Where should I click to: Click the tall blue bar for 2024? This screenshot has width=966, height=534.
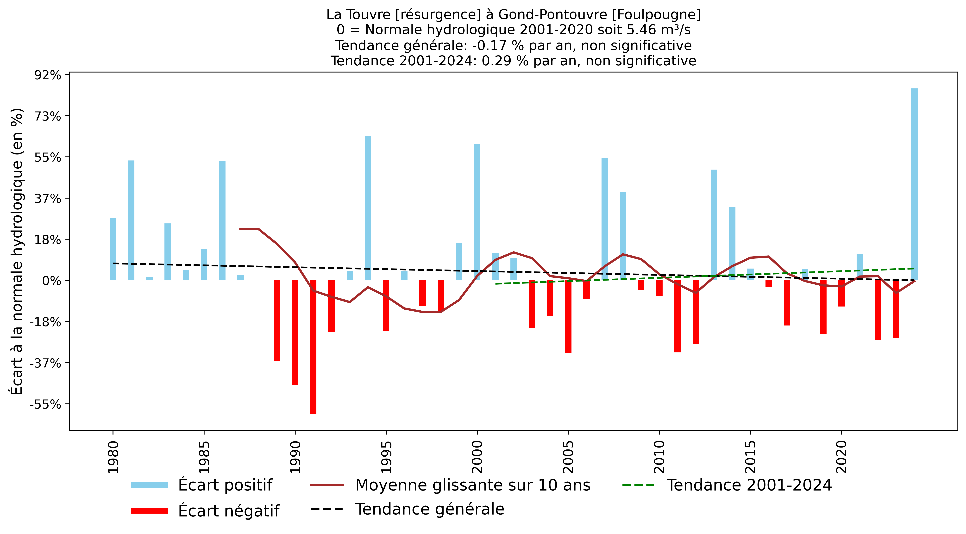coord(914,184)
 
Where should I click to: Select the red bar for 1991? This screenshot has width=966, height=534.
coord(313,347)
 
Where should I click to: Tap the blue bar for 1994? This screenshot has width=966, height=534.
coord(368,208)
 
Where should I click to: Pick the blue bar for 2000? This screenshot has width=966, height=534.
coord(477,212)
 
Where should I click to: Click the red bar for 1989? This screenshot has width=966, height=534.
coord(277,320)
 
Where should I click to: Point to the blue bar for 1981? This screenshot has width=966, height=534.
coord(131,220)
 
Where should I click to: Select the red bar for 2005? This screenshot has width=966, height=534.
coord(568,317)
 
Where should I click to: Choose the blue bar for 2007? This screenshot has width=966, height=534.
coord(604,219)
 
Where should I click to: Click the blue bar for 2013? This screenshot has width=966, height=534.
coord(714,225)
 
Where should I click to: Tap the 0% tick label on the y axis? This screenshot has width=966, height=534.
coord(52,281)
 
